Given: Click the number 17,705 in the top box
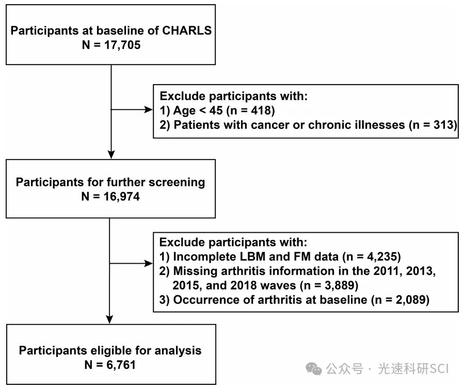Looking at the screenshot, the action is click(122, 45).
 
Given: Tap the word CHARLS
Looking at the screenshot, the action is click(187, 30).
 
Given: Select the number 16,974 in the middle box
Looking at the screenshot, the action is click(122, 197).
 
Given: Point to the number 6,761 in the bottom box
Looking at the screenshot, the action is click(121, 365).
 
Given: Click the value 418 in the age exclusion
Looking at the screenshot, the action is click(261, 110).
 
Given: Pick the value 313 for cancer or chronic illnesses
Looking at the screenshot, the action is click(443, 125).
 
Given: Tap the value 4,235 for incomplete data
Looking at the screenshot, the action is click(382, 256).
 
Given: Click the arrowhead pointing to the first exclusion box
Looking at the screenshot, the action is click(148, 110).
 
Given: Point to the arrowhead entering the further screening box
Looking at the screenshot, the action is click(111, 155).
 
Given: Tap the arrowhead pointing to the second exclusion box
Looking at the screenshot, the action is click(148, 263).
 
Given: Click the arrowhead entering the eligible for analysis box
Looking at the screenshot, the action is click(109, 319).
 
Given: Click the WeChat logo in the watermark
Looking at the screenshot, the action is click(314, 369).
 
